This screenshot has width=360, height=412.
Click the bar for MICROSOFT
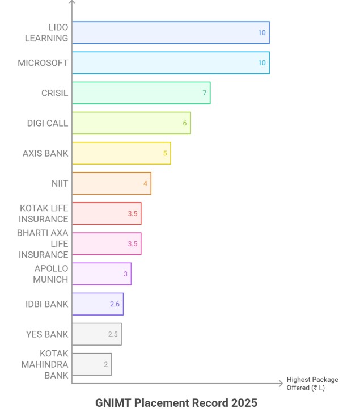point(170,63)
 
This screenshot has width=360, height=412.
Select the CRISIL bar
point(141,93)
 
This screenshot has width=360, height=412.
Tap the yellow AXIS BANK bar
point(121,153)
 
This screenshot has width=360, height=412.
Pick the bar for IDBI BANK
point(98,304)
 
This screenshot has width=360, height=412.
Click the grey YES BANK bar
point(96,334)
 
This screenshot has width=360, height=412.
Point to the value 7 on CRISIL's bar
point(204,93)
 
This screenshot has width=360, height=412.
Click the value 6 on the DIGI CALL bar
point(184,123)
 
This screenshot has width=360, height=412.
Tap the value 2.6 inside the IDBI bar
point(115,304)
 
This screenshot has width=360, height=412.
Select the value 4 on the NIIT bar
point(145,183)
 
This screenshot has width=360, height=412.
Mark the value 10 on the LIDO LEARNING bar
point(262,33)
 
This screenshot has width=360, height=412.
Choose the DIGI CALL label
point(48,123)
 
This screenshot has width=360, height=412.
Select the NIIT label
point(60,183)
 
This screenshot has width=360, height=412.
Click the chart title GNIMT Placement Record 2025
point(176,402)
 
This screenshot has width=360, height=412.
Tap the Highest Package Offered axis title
point(312,384)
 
